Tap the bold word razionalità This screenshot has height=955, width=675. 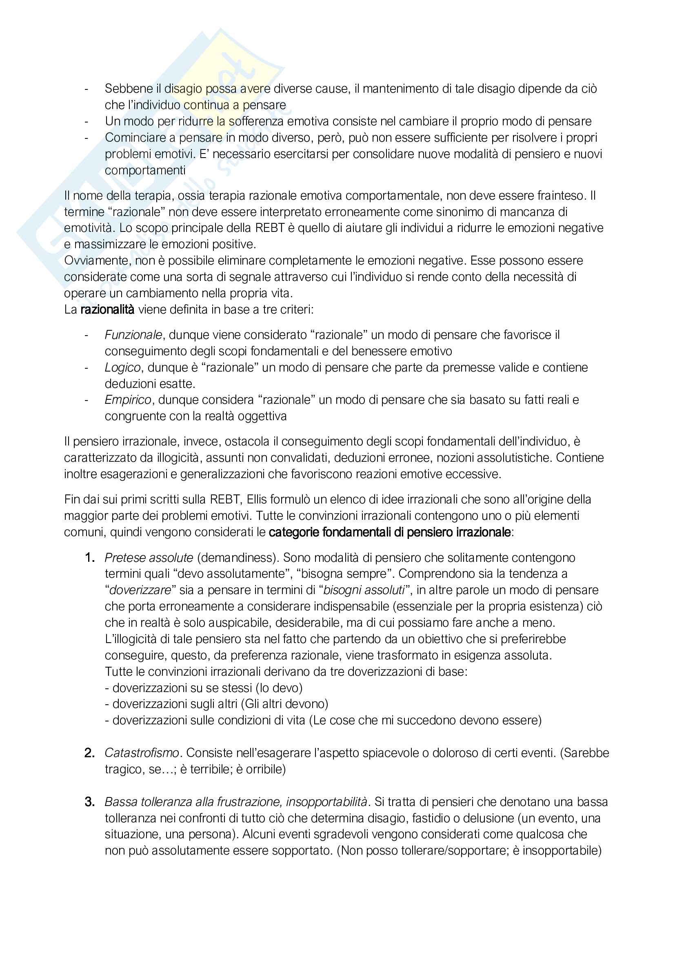coord(107,309)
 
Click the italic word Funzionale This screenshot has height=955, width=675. coord(133,335)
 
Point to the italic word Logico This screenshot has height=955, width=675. coord(122,367)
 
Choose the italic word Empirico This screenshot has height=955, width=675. coord(128,400)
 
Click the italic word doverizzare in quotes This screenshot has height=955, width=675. coord(140,590)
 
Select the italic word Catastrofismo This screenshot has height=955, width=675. coord(142,753)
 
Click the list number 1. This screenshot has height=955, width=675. coord(89,557)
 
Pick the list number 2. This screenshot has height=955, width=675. coord(89,753)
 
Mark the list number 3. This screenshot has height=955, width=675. coord(89,801)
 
